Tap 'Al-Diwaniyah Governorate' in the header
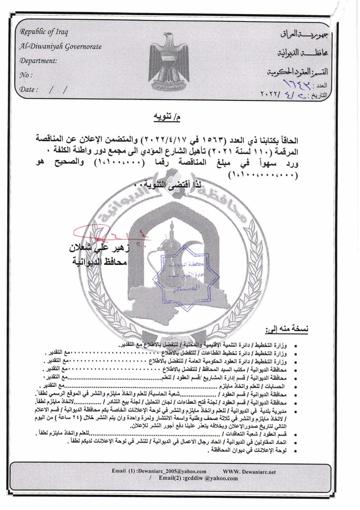pos(61,47)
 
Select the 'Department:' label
pos(39,61)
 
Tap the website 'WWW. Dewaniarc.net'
pos(250,471)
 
